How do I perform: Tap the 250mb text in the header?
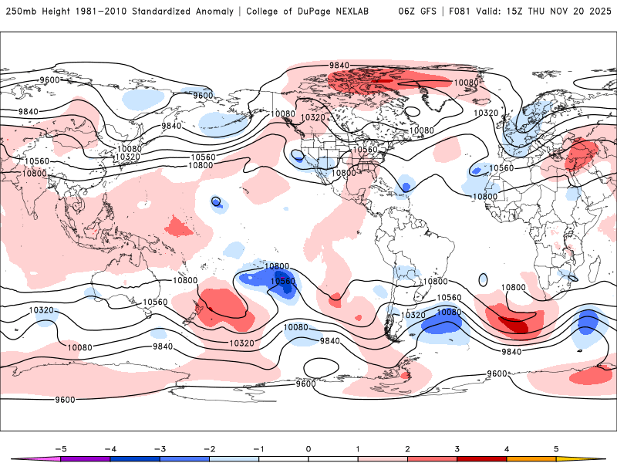pyautogui.click(x=21, y=12)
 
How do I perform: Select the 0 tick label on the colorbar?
pyautogui.click(x=308, y=448)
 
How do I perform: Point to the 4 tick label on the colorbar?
pyautogui.click(x=507, y=448)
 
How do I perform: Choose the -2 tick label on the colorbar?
pyautogui.click(x=209, y=448)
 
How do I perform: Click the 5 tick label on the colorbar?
pyautogui.click(x=556, y=448)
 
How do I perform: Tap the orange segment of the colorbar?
pyautogui.click(x=531, y=458)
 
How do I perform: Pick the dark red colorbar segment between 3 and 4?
pyautogui.click(x=482, y=458)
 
